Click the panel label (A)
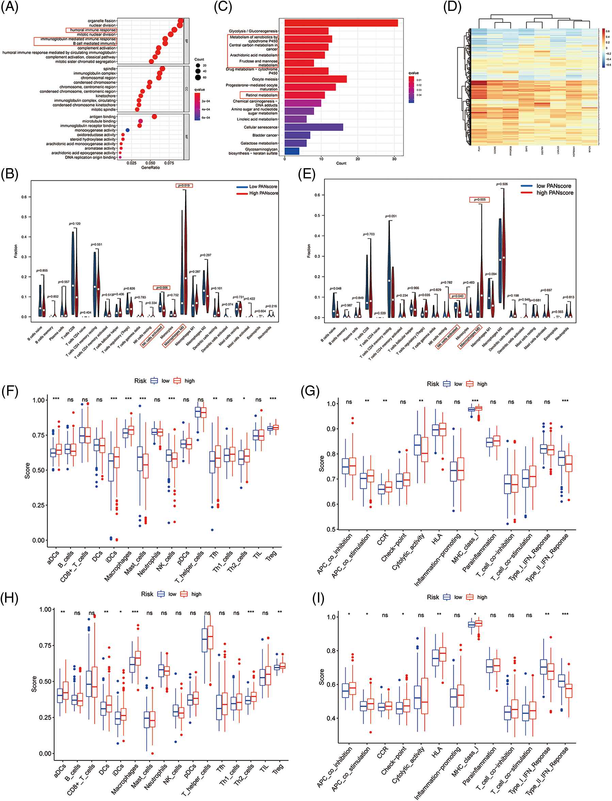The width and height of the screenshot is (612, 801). coord(10,7)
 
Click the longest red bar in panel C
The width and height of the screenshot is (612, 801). coord(341,23)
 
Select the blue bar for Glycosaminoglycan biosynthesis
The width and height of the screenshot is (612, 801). coord(292,151)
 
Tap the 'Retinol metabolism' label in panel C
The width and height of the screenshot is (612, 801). coord(261,95)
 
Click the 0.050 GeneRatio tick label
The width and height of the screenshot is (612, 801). coord(150,163)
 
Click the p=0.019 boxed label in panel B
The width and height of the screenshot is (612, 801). coord(184,186)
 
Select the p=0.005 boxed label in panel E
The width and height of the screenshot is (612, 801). coord(479,199)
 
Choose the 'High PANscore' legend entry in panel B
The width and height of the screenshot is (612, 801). coord(263,193)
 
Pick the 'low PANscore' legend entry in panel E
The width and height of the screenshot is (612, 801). coord(553,186)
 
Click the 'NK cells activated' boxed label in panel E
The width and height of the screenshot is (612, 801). coord(448,337)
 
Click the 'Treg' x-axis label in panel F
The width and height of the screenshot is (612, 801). coord(272,555)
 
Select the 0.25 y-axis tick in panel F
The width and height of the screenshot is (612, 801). coord(38,505)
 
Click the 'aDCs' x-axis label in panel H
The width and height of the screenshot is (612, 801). coord(60,770)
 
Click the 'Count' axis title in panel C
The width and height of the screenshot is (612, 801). coord(341,163)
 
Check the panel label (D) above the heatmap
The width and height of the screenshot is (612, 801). coord(452,7)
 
